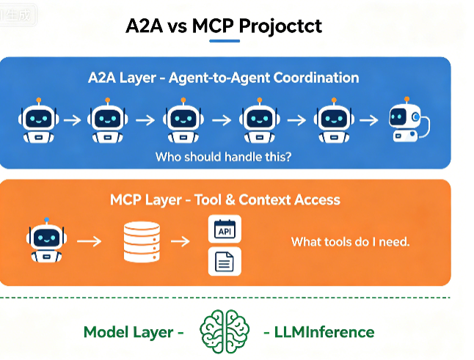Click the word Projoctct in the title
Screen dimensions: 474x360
[x=280, y=26]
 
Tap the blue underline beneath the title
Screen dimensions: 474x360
[x=225, y=41]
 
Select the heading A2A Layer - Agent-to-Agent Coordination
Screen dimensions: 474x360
[x=223, y=78]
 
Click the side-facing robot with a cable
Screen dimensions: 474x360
[x=409, y=120]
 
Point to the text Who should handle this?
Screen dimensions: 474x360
[x=223, y=157]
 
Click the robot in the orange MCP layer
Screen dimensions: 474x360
[x=46, y=240]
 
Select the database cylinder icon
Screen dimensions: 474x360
[x=142, y=242]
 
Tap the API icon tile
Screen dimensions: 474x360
[x=225, y=229]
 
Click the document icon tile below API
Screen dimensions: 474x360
[x=225, y=261]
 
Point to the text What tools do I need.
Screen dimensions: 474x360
[x=350, y=242]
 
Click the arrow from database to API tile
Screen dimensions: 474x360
[x=181, y=241]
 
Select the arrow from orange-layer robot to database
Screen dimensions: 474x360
[x=90, y=241]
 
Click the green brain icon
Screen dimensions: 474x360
[x=225, y=331]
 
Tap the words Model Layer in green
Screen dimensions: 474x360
[x=128, y=332]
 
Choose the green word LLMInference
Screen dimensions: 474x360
[x=324, y=332]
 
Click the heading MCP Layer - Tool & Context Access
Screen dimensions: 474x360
[x=225, y=200]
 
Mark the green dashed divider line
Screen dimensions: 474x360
[x=225, y=298]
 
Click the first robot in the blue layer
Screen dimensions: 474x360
[x=38, y=120]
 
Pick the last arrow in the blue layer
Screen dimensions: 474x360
[x=369, y=120]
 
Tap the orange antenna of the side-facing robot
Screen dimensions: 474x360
[x=407, y=99]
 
